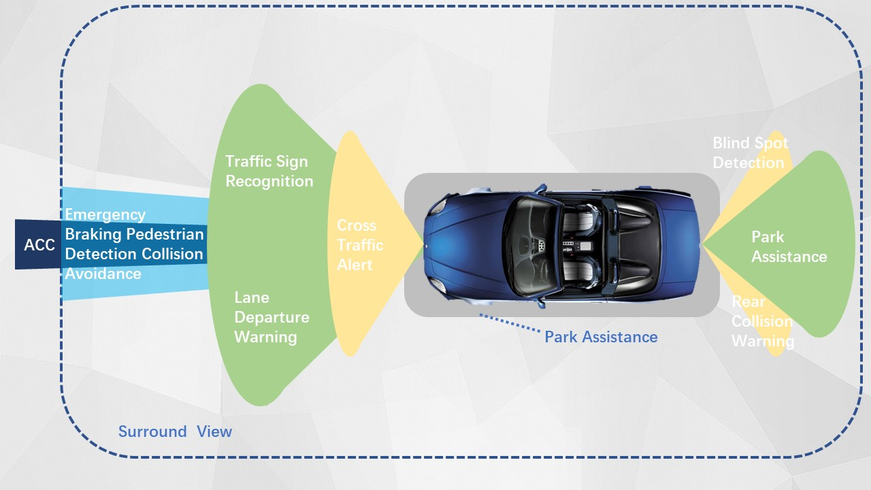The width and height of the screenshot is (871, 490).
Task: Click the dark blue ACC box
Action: coord(39,244)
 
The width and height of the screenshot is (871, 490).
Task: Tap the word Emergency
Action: coord(105,214)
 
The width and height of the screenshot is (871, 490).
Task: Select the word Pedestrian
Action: coord(169,234)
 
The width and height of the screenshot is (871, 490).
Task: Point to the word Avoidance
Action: coord(103,274)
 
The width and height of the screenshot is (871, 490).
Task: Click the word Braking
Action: coord(95,234)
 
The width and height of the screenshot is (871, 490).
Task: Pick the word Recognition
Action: coord(269,181)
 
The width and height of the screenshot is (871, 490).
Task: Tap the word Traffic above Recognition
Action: coord(248,161)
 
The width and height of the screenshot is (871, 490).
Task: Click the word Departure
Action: coord(272,317)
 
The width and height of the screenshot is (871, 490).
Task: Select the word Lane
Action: coord(251,297)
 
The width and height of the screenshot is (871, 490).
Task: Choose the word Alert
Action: coord(355,265)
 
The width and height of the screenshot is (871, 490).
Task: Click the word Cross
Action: coord(356,225)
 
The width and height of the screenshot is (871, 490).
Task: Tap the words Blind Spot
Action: coord(750,143)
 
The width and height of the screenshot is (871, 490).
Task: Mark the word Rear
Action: coord(748,301)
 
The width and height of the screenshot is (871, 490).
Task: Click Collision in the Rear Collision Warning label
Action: coord(761,321)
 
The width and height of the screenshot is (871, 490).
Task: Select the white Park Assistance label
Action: coord(789,246)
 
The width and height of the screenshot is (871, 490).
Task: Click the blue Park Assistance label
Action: coord(601,337)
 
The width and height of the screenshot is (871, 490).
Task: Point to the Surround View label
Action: coord(175,431)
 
